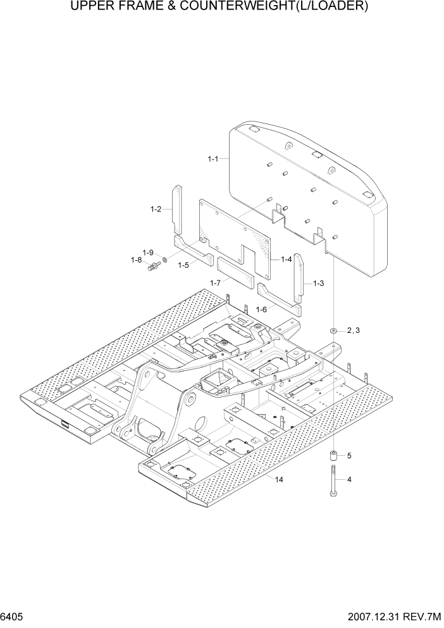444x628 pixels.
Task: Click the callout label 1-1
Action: point(213,159)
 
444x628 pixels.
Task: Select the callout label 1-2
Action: point(156,209)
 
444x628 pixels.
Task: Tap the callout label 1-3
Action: point(318,284)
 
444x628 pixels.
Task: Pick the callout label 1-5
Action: point(183,265)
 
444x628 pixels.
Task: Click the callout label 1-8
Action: point(136,260)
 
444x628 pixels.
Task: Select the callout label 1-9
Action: point(149,252)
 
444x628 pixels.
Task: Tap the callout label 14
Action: point(279,480)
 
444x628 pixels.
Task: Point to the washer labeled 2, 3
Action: point(333,331)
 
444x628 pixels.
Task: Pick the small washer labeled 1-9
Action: point(164,259)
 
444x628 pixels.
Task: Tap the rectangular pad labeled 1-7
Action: point(235,273)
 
